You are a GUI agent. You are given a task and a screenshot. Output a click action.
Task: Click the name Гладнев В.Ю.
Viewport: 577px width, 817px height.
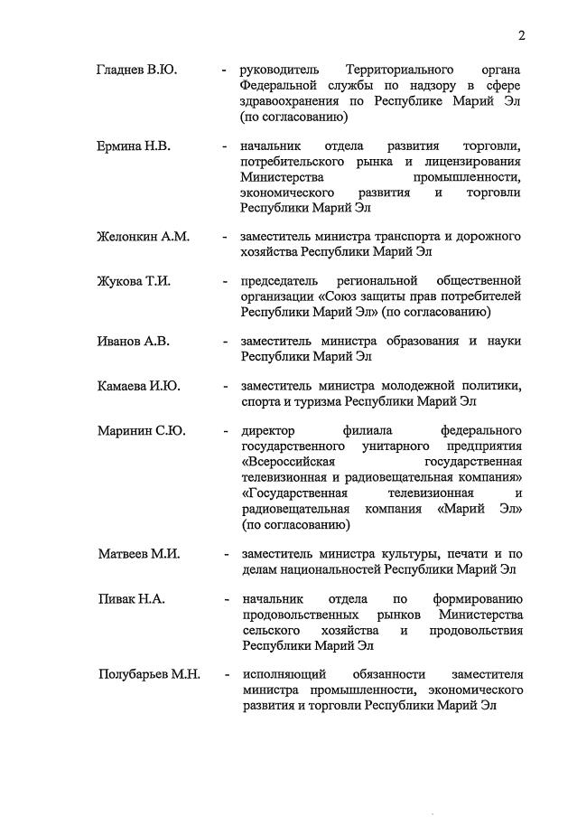pos(136,70)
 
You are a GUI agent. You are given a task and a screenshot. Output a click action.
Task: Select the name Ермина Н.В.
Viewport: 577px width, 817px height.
pos(134,146)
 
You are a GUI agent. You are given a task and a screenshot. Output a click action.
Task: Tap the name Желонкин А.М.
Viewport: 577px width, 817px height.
pos(143,237)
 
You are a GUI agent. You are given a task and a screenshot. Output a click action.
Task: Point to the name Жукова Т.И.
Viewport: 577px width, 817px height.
pos(134,281)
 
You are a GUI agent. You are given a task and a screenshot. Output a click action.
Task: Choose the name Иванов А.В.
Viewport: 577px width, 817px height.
pos(134,341)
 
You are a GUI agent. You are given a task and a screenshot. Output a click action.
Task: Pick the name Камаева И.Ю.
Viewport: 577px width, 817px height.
pos(139,386)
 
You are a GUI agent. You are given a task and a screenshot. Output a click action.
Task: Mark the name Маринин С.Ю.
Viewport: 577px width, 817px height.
pos(141,430)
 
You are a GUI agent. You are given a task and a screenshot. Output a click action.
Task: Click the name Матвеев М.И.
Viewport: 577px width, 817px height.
pos(139,553)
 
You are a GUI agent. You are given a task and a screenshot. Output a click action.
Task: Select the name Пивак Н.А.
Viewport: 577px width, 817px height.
pos(131,598)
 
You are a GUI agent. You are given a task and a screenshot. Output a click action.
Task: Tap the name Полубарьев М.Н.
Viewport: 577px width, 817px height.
pos(148,674)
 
